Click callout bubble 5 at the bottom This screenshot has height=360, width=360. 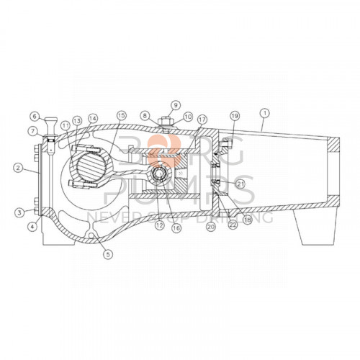(107, 253)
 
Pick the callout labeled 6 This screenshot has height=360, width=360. (34, 115)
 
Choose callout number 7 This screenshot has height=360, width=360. (34, 130)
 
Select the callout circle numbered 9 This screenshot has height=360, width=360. (174, 106)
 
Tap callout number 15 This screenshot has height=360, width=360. (121, 115)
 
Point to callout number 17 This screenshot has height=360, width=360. (202, 119)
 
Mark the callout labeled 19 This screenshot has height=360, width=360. (233, 116)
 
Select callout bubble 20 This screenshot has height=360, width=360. (211, 226)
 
